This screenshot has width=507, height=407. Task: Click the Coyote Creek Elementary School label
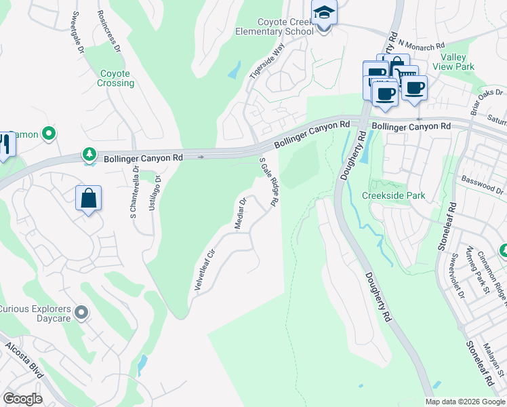click(x=275, y=26)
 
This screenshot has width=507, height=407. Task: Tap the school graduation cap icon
click(x=324, y=12)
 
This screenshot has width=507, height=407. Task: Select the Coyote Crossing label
click(x=116, y=78)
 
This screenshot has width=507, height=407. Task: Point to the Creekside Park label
click(x=393, y=195)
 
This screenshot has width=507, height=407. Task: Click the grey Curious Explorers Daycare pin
click(x=82, y=313)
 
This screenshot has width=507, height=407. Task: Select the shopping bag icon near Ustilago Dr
click(x=88, y=199)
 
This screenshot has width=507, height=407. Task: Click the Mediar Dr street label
click(x=240, y=214)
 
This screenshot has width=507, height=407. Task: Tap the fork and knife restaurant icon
click(x=5, y=145)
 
